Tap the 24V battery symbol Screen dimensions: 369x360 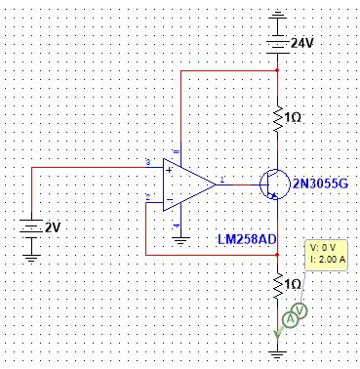(279, 43)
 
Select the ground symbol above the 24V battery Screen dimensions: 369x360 (279, 17)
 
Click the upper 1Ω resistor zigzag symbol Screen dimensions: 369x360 (279, 117)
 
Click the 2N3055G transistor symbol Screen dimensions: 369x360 (273, 183)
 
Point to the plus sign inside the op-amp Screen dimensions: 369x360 (169, 170)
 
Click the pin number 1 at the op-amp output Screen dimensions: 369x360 (223, 179)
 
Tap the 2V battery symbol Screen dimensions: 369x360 (31, 227)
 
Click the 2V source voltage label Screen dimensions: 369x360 (52, 227)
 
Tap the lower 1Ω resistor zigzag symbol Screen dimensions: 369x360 (279, 286)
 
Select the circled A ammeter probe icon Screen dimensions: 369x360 (290, 319)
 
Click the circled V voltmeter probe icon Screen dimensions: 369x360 (302, 310)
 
